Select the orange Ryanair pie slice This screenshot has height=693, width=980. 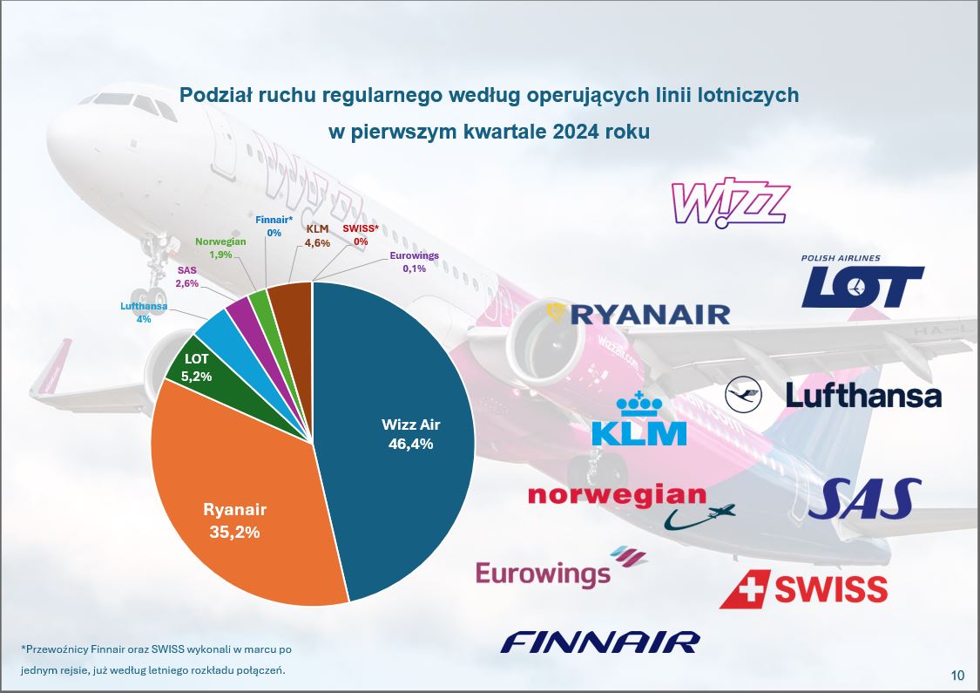(244, 514)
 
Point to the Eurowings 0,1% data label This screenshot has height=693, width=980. (414, 262)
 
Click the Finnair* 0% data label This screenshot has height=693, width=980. (274, 227)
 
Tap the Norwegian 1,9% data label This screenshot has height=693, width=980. (220, 248)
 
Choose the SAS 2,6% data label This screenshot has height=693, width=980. (187, 277)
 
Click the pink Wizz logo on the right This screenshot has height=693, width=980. (729, 204)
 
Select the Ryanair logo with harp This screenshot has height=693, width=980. (638, 313)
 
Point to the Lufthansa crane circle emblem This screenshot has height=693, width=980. (743, 396)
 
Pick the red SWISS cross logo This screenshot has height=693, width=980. (802, 588)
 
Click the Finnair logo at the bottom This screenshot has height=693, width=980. (600, 643)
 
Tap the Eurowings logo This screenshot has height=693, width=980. (559, 568)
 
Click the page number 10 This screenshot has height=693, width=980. (957, 675)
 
